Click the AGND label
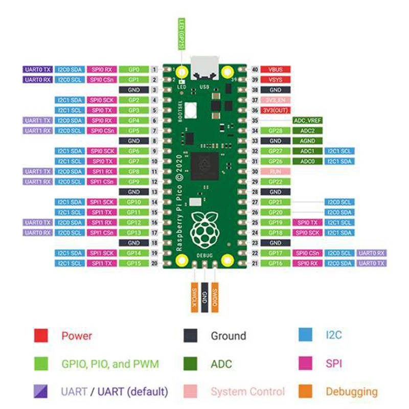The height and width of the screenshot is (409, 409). click(x=307, y=141)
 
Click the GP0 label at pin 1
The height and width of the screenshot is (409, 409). click(x=134, y=69)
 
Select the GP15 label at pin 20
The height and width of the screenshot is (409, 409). click(x=134, y=263)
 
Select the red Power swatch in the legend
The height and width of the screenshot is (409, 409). click(x=41, y=336)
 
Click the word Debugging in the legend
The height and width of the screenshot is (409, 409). click(x=351, y=392)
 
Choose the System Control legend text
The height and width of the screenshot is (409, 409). click(x=248, y=392)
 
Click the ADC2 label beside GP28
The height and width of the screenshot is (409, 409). click(x=307, y=130)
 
